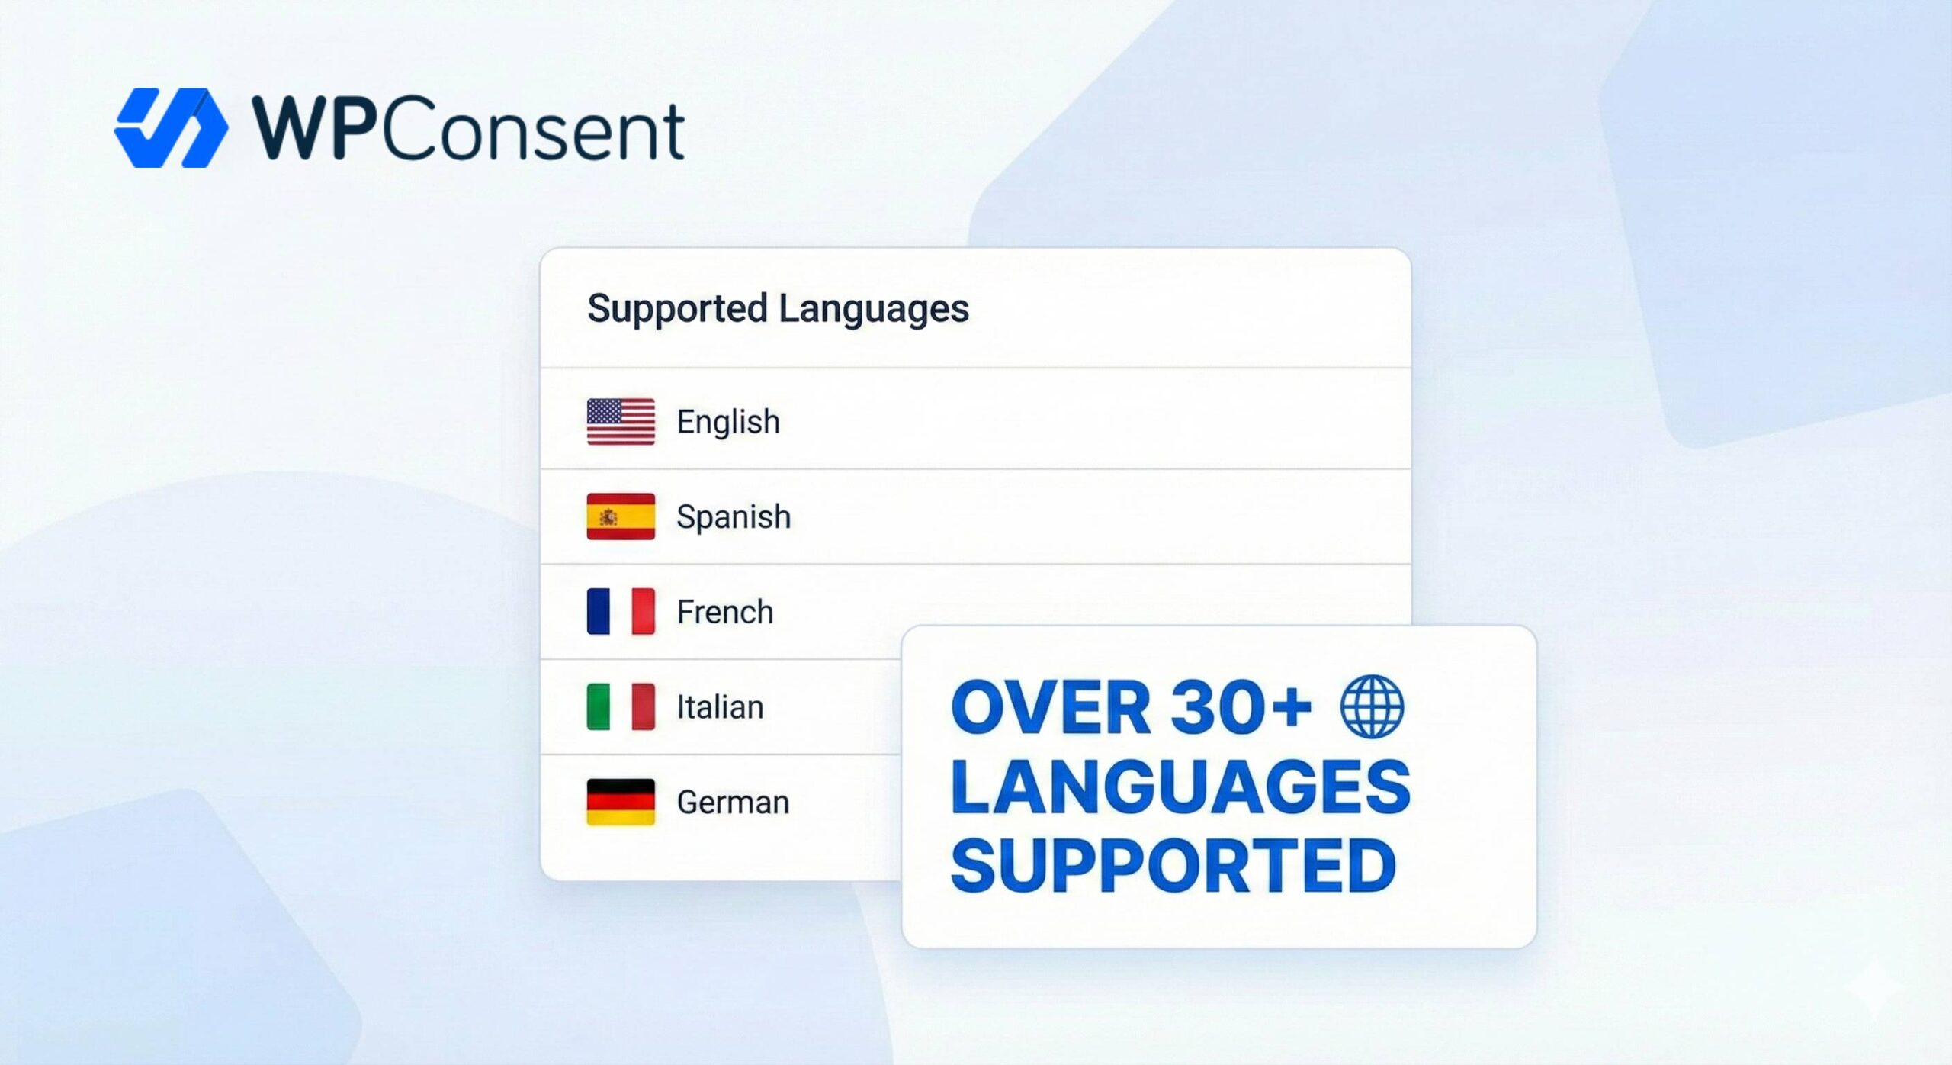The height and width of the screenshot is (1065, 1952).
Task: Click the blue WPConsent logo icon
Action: click(x=171, y=128)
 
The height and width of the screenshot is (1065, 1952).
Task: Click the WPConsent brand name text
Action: click(x=468, y=130)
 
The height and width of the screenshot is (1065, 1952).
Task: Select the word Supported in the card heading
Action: click(x=677, y=309)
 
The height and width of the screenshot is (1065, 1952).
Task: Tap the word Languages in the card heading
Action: click(x=873, y=309)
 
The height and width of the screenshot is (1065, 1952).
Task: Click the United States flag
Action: click(x=621, y=421)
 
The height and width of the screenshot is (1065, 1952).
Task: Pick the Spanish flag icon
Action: click(x=621, y=516)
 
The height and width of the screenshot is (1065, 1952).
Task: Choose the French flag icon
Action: click(x=621, y=611)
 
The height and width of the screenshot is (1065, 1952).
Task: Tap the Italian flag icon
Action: click(x=621, y=706)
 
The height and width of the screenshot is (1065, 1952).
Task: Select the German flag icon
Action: click(x=621, y=802)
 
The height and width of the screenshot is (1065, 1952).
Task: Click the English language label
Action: click(x=728, y=422)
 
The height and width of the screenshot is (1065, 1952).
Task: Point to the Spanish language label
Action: click(x=734, y=517)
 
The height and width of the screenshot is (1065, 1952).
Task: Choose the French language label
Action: click(x=725, y=612)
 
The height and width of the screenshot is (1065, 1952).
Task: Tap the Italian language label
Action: click(x=720, y=707)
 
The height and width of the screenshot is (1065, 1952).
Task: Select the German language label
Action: click(x=733, y=803)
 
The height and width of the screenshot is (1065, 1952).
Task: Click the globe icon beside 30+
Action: click(x=1372, y=706)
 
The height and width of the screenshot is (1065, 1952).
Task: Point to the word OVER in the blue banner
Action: click(x=1051, y=708)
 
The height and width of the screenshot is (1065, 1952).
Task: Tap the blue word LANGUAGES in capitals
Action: click(x=1180, y=787)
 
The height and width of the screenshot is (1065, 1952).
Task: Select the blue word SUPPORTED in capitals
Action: click(x=1173, y=866)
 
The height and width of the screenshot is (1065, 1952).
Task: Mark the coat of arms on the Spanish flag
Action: click(x=608, y=517)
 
